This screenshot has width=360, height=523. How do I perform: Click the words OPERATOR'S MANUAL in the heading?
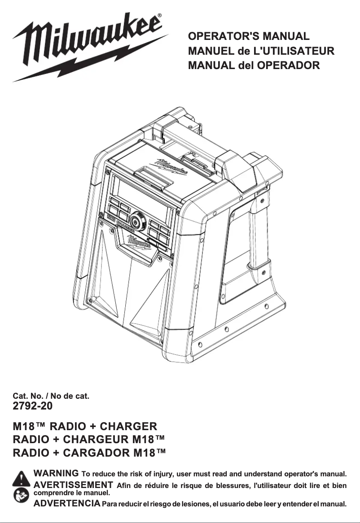tap(249, 36)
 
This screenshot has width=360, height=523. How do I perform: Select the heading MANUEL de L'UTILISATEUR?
tap(261, 51)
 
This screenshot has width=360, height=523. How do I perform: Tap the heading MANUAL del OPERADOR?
tap(254, 65)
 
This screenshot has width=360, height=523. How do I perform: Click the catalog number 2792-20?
tap(33, 406)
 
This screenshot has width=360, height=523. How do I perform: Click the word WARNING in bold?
tap(57, 473)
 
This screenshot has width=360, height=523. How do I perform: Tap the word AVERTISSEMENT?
tap(73, 484)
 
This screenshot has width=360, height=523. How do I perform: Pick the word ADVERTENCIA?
tap(67, 503)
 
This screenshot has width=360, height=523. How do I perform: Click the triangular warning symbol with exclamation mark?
tap(21, 478)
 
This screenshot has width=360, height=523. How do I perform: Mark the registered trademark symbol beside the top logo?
tap(161, 16)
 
